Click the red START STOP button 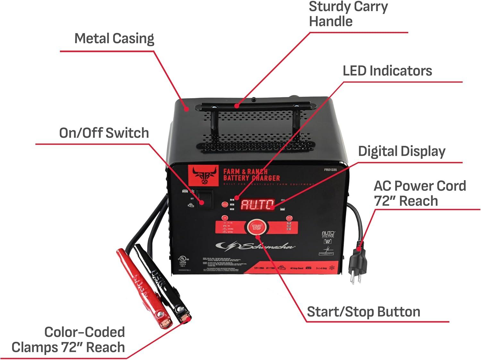coord(257,227)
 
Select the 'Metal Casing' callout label coord(114,39)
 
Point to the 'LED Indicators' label coord(387,71)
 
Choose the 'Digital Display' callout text coord(401,151)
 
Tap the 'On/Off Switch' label coord(104,133)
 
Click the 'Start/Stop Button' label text coord(363,312)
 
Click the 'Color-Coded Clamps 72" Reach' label coord(68,340)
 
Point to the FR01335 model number coord(330,170)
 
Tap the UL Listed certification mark coord(183,260)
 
